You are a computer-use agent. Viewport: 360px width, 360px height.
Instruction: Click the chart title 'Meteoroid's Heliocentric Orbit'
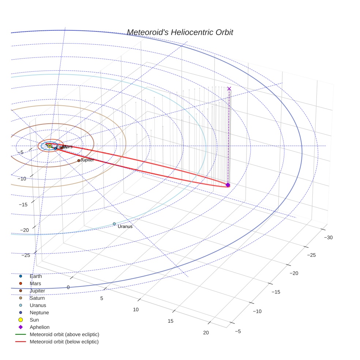[x=180, y=33]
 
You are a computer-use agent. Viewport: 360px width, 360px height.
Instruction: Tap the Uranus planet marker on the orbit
[x=114, y=224]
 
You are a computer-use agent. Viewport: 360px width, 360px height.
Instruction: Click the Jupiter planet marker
[x=79, y=161]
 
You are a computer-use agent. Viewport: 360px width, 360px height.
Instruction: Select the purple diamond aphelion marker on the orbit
[x=228, y=185]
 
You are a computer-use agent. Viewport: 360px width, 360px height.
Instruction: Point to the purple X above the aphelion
[x=229, y=89]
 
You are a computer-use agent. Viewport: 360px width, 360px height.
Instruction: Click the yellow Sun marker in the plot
[x=49, y=146]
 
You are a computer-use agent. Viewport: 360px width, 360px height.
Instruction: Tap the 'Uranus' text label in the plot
[x=125, y=227]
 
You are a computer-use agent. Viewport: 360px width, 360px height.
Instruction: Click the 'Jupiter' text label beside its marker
[x=87, y=160]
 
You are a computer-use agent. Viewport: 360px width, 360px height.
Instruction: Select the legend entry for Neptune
[x=39, y=312]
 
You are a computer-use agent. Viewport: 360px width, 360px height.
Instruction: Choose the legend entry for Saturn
[x=37, y=298]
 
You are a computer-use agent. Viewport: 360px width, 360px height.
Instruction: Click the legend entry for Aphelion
[x=40, y=327]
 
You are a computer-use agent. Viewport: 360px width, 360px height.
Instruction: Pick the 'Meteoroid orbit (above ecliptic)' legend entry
[x=64, y=334]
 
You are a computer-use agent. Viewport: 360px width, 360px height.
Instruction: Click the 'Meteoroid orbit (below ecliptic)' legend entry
[x=64, y=342]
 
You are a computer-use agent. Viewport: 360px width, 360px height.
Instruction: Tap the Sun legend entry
[x=34, y=320]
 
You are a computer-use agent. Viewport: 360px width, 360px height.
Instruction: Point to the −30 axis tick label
[x=328, y=238]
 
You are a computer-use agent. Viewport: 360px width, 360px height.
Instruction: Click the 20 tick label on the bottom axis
[x=206, y=333]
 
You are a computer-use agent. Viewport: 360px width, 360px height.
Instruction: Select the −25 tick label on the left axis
[x=26, y=255]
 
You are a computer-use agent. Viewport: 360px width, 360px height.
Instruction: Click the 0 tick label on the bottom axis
[x=68, y=288]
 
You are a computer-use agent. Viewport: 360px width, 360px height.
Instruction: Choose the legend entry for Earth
[x=35, y=276]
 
